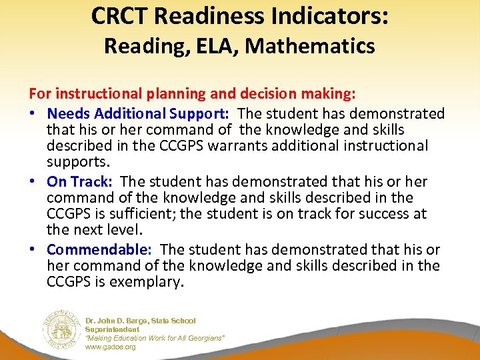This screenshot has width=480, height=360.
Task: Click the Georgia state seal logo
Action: tap(61, 329)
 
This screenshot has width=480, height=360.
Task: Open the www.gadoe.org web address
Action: tap(110, 347)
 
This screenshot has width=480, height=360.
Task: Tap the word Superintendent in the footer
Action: tap(112, 329)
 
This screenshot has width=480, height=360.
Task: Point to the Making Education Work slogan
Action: tap(155, 339)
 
